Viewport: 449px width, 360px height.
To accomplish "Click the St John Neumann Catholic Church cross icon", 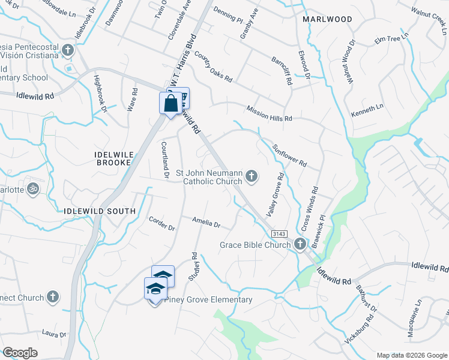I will [252, 176].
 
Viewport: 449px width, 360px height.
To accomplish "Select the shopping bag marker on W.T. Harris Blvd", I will [170, 103].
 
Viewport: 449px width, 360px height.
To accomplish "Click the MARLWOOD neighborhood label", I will [327, 19].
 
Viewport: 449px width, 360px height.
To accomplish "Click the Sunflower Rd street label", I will [289, 155].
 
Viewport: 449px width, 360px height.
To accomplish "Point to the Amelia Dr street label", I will [206, 223].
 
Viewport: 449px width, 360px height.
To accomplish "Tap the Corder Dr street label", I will [162, 224].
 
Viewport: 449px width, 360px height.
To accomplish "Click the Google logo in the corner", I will [20, 353].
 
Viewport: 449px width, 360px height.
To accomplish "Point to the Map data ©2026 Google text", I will [411, 355].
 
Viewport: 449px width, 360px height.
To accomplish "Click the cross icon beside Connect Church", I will [53, 297].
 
